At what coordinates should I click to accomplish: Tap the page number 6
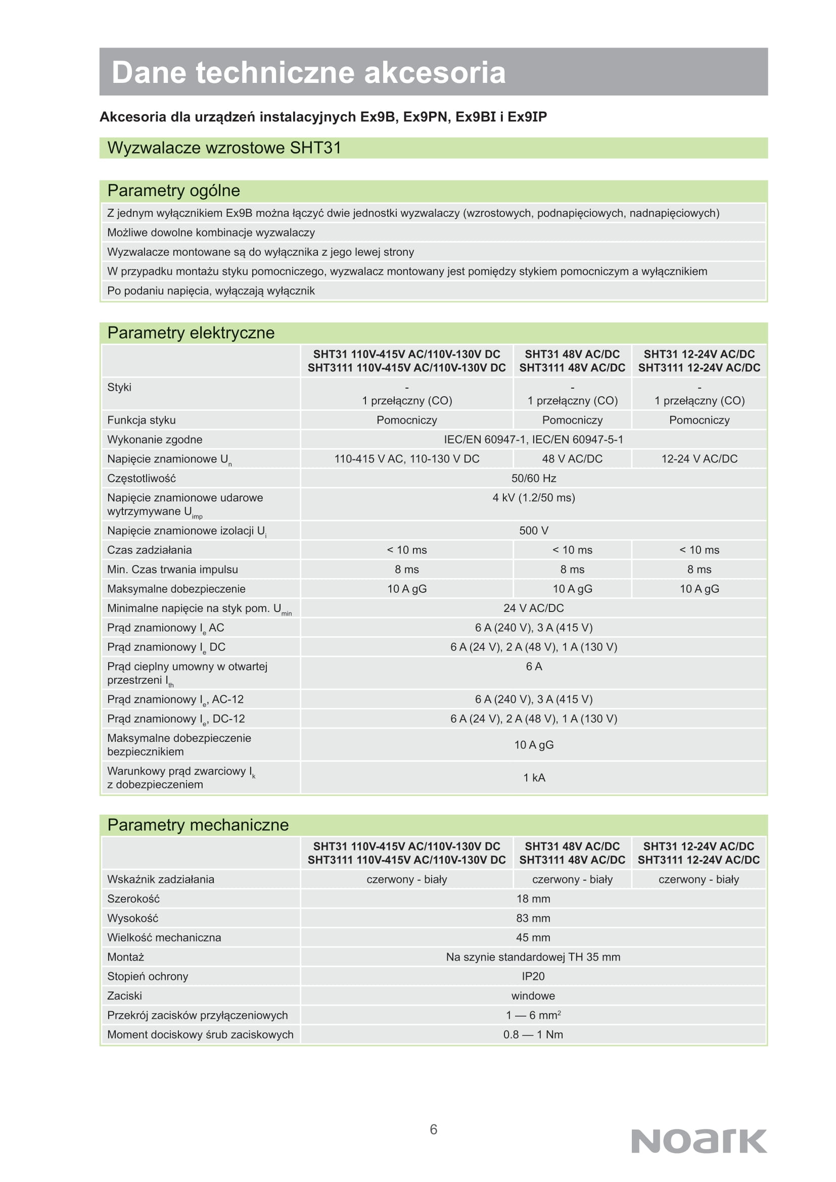coord(434,1129)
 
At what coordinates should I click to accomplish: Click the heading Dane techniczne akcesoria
coord(308,72)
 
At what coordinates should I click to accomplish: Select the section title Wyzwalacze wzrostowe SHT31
coord(224,148)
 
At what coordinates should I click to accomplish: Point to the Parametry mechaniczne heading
coord(198,825)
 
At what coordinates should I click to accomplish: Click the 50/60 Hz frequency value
coord(533,478)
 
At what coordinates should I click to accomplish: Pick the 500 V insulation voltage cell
coord(533,530)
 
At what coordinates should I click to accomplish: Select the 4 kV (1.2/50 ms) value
coord(533,498)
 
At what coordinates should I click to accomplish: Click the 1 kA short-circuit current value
coord(534,777)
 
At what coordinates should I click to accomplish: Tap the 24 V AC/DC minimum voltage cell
coord(533,608)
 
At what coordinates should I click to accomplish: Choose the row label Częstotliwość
coord(142,478)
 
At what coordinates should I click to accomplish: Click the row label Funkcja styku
coord(142,420)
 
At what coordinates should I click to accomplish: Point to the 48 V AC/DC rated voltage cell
coord(572,459)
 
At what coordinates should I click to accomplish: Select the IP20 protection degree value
coord(533,976)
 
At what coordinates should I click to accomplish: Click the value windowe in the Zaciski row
coord(533,996)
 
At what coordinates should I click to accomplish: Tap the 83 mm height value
coord(533,918)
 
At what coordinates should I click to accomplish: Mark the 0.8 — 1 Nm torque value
coord(533,1034)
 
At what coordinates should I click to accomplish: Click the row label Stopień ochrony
coord(148,976)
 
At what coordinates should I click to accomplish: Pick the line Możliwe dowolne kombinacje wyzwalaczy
coord(211,232)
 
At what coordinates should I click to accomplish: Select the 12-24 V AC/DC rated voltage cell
coord(699,459)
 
